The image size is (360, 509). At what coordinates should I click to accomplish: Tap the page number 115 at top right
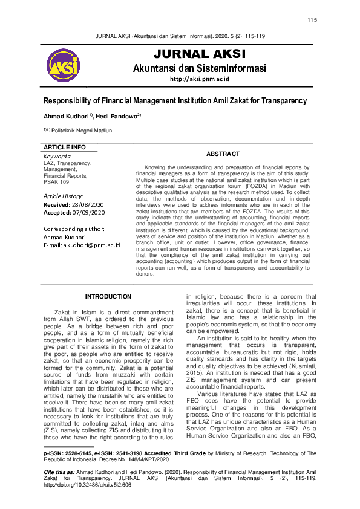click(312, 20)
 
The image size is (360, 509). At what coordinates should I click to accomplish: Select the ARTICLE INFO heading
click(65, 148)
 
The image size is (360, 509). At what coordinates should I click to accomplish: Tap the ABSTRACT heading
click(223, 154)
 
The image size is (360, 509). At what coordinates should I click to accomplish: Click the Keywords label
click(57, 157)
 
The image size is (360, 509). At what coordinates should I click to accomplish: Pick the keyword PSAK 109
click(56, 181)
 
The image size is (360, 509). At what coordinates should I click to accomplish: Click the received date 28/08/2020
click(91, 205)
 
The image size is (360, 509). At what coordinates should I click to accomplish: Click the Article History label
click(64, 196)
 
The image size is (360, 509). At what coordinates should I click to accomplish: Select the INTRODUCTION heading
click(108, 296)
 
